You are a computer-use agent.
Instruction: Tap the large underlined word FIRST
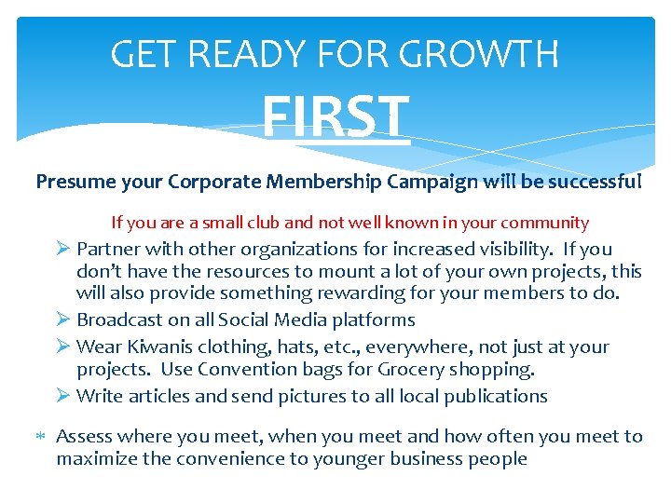(335, 117)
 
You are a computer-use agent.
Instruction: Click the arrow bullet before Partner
(63, 249)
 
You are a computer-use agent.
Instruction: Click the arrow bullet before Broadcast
(63, 319)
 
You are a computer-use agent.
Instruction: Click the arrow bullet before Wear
(63, 347)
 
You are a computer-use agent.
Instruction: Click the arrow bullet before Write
(63, 396)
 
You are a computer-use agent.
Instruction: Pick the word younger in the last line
(349, 458)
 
